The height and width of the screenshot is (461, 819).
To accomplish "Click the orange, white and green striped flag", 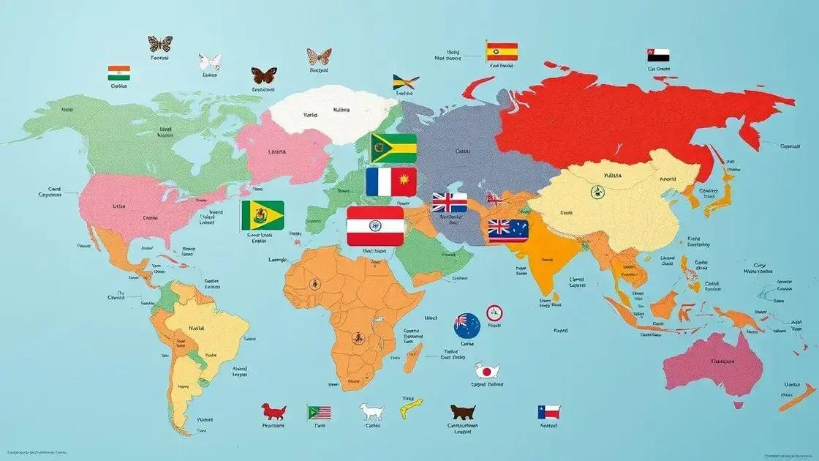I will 118,72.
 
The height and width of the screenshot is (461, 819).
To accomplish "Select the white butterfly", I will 211,61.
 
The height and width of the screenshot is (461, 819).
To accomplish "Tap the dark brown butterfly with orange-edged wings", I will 263,75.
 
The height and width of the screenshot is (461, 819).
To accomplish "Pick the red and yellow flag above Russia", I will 502,50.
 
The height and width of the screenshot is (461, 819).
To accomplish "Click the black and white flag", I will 658,55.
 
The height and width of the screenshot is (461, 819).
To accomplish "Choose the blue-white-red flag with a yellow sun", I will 391,181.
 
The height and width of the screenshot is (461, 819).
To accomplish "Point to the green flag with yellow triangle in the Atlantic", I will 263,215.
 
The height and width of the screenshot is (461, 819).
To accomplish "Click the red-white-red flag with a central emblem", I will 374,225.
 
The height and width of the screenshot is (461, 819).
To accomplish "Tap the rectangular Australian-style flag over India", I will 508,230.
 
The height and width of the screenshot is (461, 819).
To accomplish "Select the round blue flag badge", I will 466,325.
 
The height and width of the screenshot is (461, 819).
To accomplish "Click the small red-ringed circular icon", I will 494,313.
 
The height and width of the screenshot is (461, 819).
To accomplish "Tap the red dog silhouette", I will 274,411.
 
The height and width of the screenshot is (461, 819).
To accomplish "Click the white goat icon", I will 371,412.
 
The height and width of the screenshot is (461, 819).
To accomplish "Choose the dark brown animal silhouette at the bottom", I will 463,412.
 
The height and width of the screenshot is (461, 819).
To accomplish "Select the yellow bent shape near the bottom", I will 411,408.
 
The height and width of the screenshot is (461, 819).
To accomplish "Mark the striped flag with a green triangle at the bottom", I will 319,413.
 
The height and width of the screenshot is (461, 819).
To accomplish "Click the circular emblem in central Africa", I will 358,338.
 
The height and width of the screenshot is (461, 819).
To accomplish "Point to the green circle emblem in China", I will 597,192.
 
